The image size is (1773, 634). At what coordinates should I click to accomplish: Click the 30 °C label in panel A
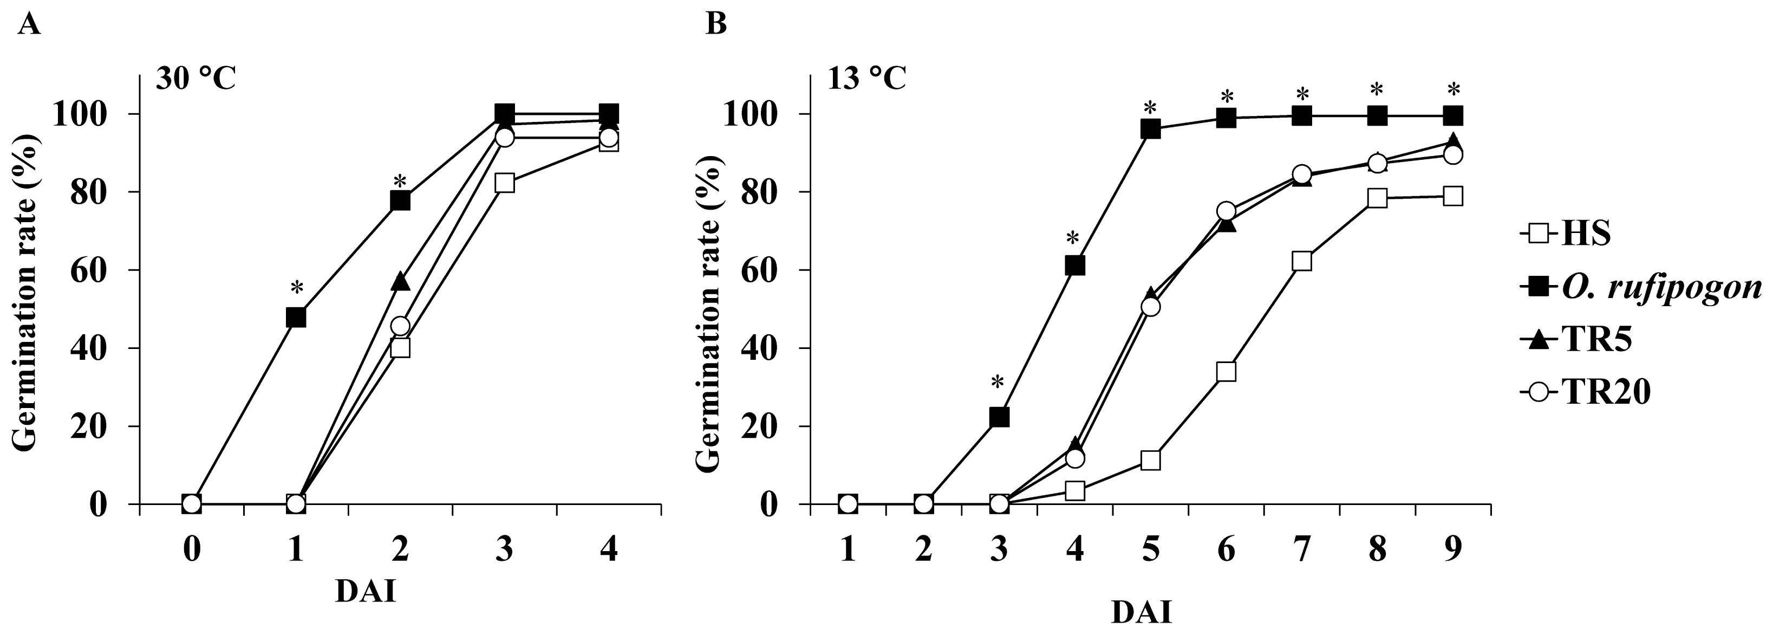click(x=195, y=79)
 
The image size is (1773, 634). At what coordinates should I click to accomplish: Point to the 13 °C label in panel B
click(x=866, y=79)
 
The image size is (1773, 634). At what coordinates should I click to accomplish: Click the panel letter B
click(x=716, y=25)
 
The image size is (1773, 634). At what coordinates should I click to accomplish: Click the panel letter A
click(x=28, y=25)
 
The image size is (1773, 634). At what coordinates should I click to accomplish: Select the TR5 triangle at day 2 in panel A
click(x=400, y=282)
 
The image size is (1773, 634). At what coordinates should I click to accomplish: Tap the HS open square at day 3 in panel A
click(x=505, y=183)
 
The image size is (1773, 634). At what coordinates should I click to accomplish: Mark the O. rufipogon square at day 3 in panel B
click(x=999, y=417)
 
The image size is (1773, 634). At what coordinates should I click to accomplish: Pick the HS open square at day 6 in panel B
click(x=1226, y=372)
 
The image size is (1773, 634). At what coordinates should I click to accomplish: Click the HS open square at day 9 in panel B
click(x=1453, y=196)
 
